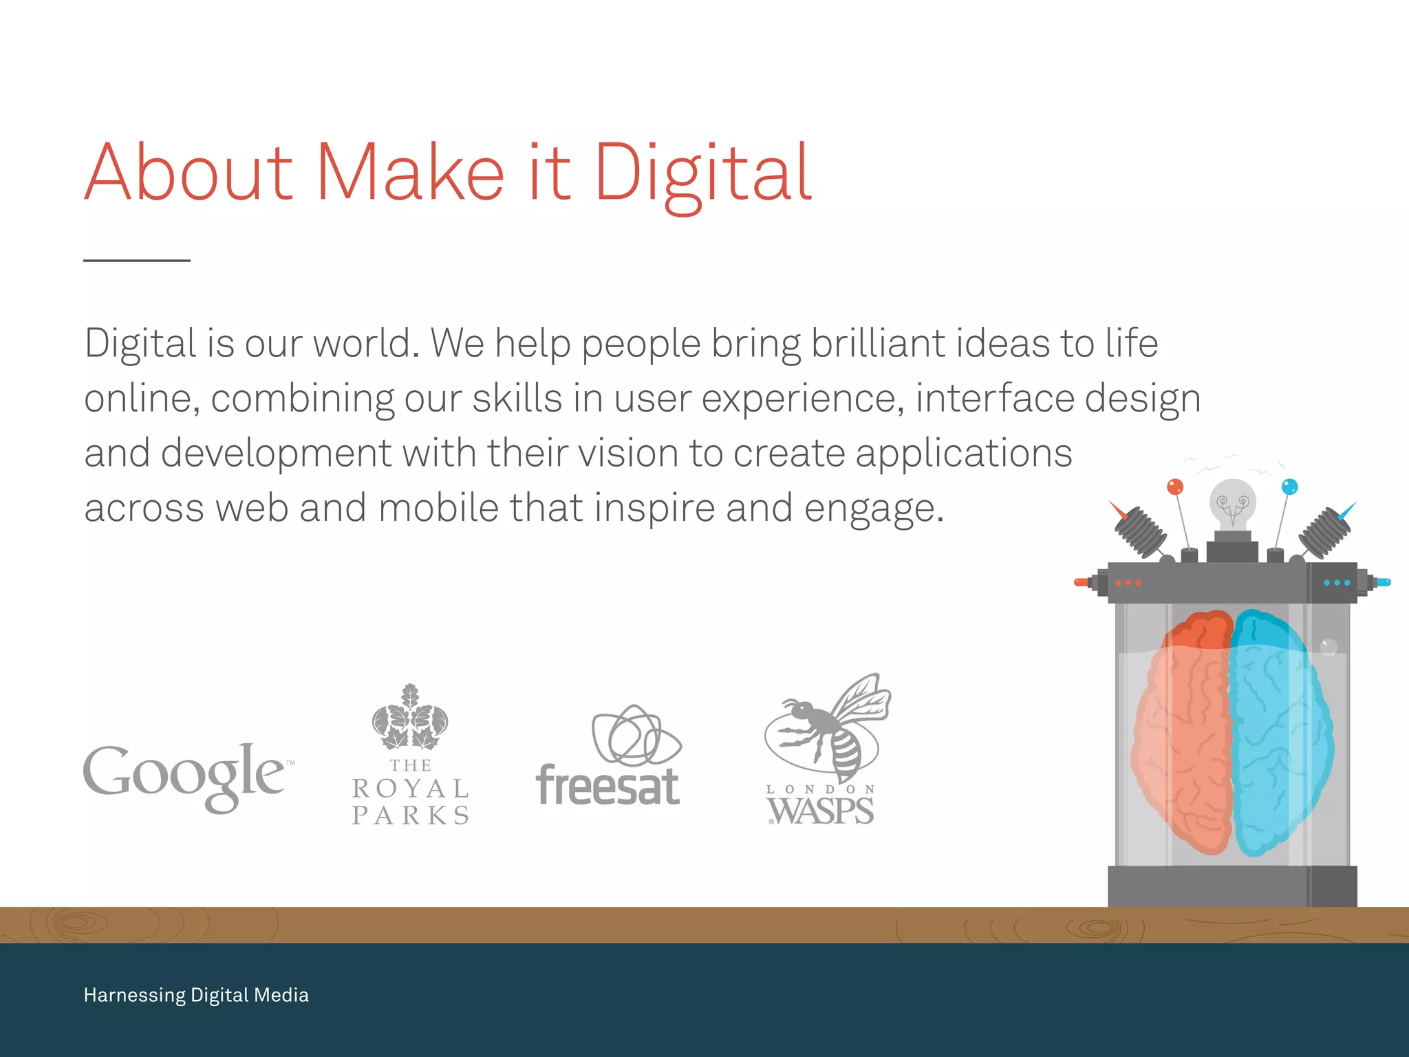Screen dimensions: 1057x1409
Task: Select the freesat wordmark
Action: [x=608, y=786]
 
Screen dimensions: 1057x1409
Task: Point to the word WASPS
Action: [x=821, y=811]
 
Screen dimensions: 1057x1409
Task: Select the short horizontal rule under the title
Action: [x=137, y=261]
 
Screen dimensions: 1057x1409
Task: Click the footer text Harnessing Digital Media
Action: [x=196, y=995]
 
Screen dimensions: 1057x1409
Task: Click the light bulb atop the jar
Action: [x=1233, y=502]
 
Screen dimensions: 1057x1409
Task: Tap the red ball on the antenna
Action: [x=1175, y=487]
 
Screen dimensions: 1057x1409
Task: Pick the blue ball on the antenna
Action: [x=1289, y=487]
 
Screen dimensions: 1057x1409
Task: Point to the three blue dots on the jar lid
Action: [x=1337, y=583]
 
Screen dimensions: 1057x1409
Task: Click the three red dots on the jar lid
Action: [x=1128, y=583]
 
